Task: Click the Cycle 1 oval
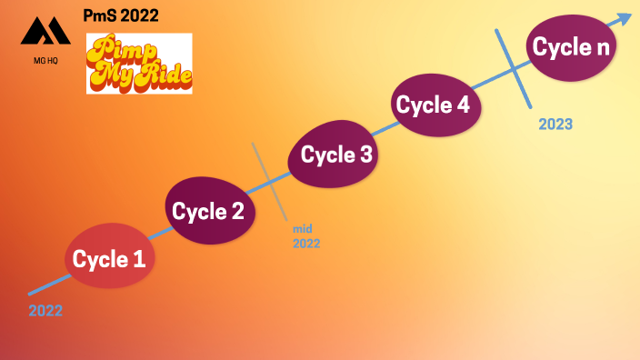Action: (109, 259)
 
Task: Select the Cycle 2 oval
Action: (209, 212)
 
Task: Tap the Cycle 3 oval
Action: (335, 155)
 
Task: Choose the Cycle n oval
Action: (570, 49)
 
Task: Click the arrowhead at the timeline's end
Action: (625, 18)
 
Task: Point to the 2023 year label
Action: (555, 124)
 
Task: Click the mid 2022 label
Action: (306, 236)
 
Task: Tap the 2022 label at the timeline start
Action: (45, 311)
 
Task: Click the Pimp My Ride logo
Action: (139, 64)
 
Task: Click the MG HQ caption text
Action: (45, 63)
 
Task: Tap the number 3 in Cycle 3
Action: (365, 155)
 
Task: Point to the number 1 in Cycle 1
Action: (139, 259)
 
